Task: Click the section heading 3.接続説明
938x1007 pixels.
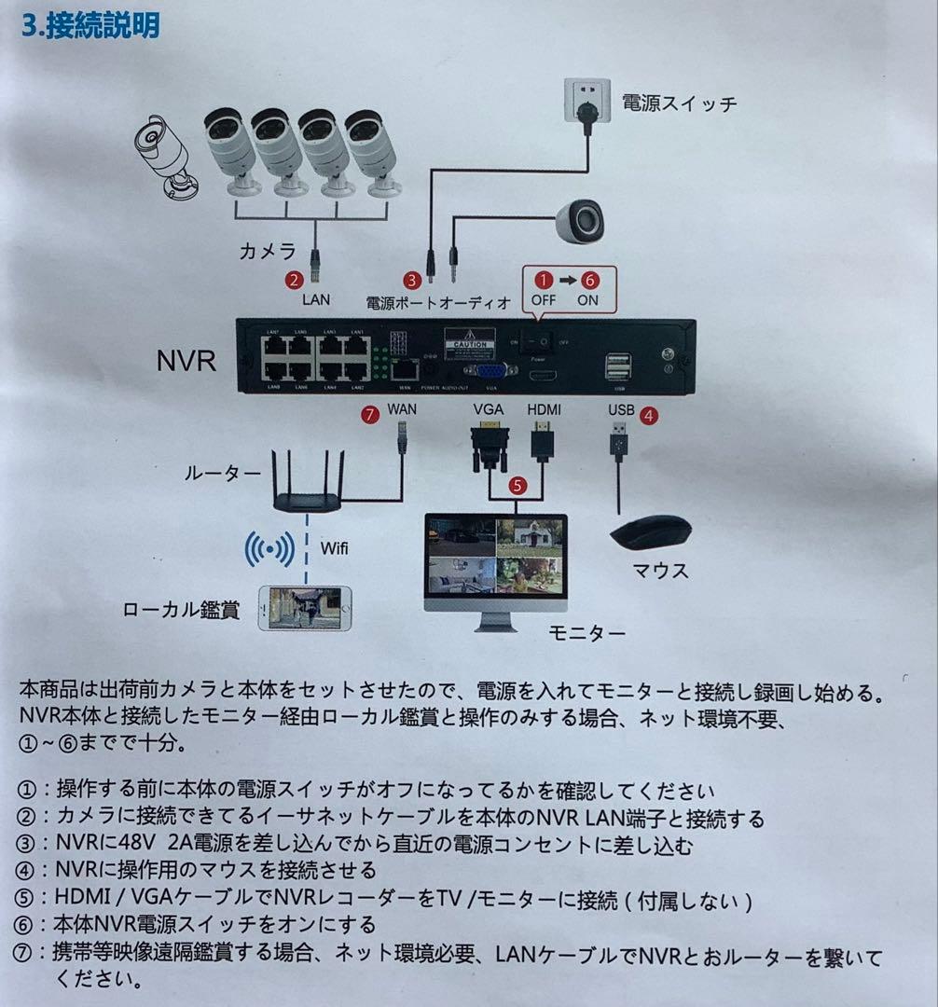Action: [90, 25]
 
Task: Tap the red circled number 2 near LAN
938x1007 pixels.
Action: [295, 279]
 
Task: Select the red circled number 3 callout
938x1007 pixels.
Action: [411, 279]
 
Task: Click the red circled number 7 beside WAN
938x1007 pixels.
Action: [372, 415]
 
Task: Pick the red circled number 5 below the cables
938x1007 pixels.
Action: [517, 485]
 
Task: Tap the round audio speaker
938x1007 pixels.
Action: [581, 220]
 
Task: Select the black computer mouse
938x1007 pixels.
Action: [650, 533]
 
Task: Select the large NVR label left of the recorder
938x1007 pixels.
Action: [186, 359]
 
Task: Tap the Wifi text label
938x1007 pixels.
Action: [335, 547]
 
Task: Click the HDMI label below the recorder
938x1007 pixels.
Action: [545, 410]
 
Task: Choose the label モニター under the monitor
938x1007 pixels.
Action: [587, 634]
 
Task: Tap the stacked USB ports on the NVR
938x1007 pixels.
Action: [617, 367]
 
